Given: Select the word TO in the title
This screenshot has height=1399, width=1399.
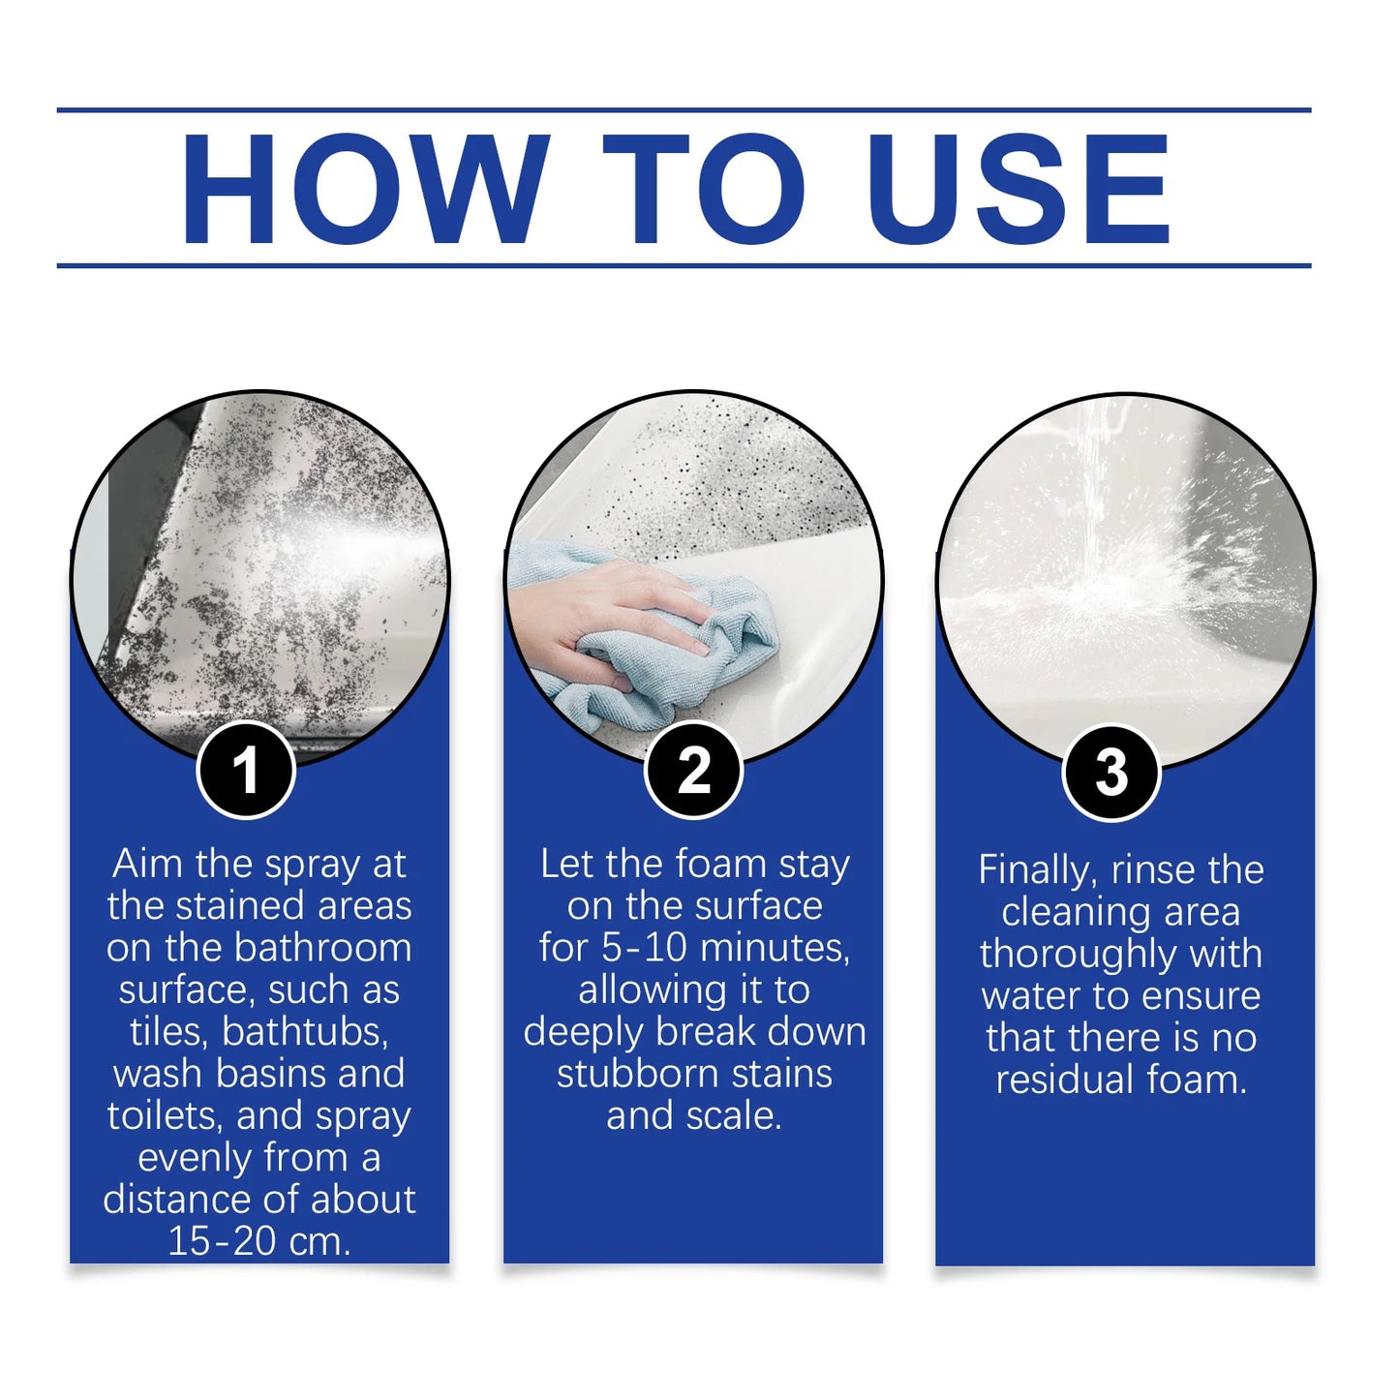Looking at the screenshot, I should click(704, 188).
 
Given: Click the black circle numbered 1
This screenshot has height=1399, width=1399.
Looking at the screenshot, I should click(246, 771).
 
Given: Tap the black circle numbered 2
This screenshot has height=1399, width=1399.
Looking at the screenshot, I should click(693, 771).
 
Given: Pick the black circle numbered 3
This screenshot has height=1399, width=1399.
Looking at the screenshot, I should click(1110, 773).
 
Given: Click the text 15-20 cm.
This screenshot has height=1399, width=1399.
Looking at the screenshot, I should click(259, 1241).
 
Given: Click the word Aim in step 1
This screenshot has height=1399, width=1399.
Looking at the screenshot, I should click(147, 864).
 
